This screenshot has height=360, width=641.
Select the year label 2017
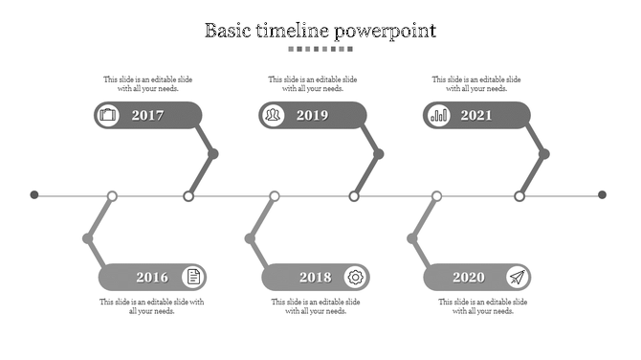[x=147, y=116]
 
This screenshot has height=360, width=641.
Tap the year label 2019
[x=312, y=116]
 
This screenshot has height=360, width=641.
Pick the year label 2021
[x=476, y=116]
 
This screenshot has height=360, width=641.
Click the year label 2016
[x=151, y=278]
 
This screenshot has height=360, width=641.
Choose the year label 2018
[x=315, y=278]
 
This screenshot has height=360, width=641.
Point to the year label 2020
[x=469, y=278]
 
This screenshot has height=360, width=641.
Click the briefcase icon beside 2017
[x=108, y=116]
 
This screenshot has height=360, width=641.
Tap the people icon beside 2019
[x=274, y=116]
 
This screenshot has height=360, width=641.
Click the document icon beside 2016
[x=193, y=278]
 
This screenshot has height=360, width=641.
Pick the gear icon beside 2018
[x=356, y=278]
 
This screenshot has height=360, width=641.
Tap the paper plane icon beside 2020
[x=518, y=278]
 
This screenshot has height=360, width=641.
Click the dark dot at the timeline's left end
[x=34, y=195]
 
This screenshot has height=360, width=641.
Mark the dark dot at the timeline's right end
[x=603, y=195]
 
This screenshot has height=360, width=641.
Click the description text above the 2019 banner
[x=313, y=84]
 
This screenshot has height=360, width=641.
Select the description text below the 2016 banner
[x=151, y=306]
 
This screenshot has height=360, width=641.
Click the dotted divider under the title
[x=320, y=49]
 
